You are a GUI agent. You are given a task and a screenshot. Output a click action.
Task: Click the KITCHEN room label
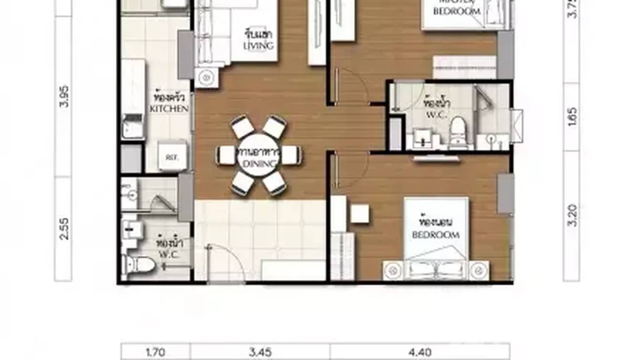pos(169,109)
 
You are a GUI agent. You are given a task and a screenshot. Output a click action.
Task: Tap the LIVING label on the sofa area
pos(258,46)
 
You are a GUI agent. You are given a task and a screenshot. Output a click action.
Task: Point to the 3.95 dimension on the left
pos(64,96)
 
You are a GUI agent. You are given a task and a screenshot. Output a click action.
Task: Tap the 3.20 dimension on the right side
pos(573,216)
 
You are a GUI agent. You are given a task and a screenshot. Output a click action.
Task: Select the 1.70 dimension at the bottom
pos(155,353)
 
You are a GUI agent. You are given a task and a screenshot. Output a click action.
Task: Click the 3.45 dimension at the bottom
pos(260,353)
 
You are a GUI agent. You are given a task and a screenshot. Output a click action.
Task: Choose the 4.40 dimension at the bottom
pos(420,353)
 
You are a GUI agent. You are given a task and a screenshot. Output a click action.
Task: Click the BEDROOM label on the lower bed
pos(436,235)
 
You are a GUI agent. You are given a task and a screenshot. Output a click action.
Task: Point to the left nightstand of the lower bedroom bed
pos(394,271)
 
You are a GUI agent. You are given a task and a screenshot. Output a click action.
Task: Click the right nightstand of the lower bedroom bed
pos(479,271)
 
